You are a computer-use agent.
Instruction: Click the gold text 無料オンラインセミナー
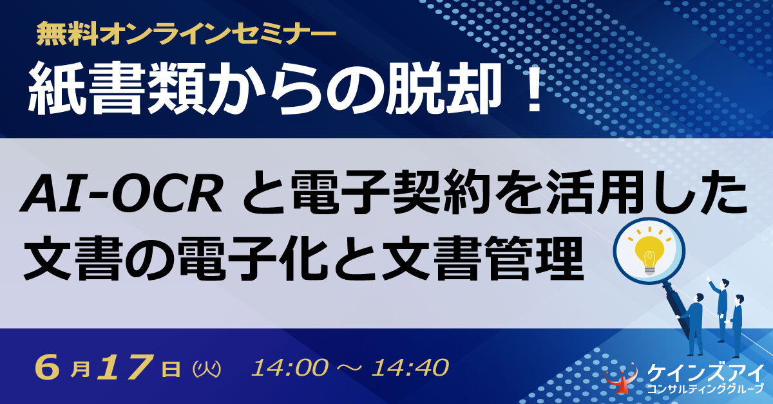tap(186, 35)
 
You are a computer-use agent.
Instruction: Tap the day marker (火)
tap(206, 369)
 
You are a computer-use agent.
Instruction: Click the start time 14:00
tap(289, 368)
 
